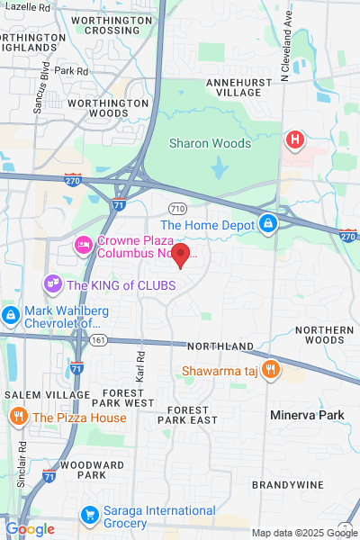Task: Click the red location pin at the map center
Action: click(180, 256)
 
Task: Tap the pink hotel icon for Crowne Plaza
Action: click(84, 244)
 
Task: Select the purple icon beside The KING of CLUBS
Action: click(52, 285)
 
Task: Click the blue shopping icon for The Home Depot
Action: click(267, 222)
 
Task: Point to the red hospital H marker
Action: click(293, 140)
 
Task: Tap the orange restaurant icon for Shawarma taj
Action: click(267, 371)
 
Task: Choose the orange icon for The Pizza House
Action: click(18, 417)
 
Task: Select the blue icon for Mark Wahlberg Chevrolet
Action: click(11, 316)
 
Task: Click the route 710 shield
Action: click(178, 208)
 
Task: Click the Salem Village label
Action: click(35, 395)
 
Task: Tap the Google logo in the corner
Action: click(29, 529)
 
